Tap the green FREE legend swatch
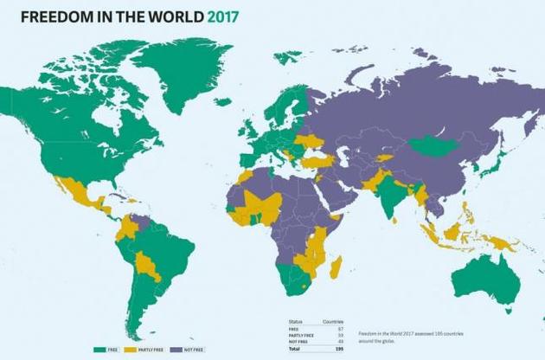click(101, 349)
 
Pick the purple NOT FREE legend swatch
click(176, 349)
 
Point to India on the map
click(394, 195)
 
